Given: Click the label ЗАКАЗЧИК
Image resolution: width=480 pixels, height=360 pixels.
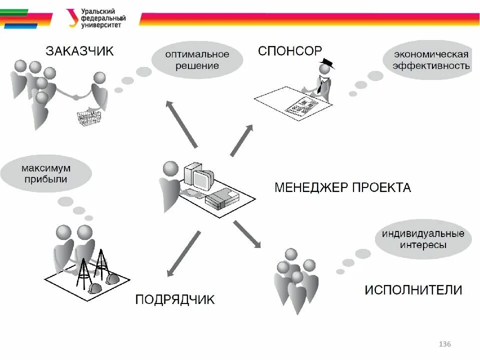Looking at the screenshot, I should click(x=79, y=51).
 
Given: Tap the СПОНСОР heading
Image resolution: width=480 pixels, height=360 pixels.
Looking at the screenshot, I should click(x=290, y=51).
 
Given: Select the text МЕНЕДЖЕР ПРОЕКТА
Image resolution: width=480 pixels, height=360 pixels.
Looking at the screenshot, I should click(x=342, y=188).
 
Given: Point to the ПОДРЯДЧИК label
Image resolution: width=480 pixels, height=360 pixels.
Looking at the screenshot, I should click(x=175, y=299).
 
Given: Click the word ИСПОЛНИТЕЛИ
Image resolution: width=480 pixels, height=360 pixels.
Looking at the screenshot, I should click(x=413, y=290).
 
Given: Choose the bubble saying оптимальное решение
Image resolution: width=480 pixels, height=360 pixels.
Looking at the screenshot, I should click(x=197, y=60).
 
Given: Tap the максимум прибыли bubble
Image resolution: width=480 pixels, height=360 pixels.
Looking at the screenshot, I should click(x=46, y=172).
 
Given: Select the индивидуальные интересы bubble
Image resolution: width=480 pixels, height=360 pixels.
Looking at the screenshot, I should click(x=423, y=239).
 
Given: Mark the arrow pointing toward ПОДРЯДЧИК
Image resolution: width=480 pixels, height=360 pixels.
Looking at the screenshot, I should click(x=183, y=253).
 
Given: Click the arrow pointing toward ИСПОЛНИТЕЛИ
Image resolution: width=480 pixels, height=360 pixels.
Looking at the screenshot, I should click(x=247, y=234).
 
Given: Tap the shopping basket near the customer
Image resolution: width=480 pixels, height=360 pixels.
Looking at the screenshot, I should click(x=88, y=117).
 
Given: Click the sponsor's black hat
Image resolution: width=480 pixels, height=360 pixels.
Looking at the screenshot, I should click(x=327, y=63).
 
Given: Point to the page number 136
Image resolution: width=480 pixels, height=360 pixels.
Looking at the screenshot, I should click(x=444, y=344).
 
